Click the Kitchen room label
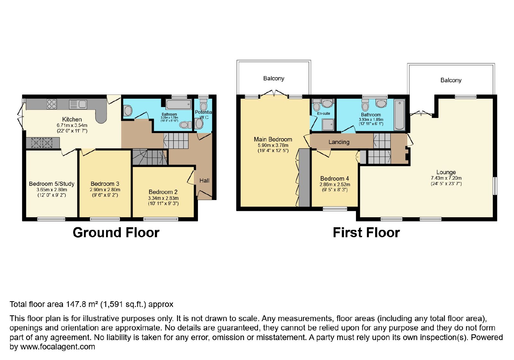click(x=72, y=119)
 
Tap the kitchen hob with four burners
click(x=52, y=104)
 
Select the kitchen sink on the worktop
click(x=78, y=104)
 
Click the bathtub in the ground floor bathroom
click(x=179, y=104)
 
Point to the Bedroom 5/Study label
click(x=52, y=184)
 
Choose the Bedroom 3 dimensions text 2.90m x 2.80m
click(x=105, y=190)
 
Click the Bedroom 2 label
click(x=163, y=192)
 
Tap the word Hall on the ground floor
click(x=204, y=181)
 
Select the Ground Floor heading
click(x=116, y=233)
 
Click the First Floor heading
click(x=367, y=233)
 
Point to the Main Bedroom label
click(x=273, y=139)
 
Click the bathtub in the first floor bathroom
click(x=400, y=115)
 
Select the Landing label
click(x=339, y=142)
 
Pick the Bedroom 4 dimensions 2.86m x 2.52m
click(x=335, y=184)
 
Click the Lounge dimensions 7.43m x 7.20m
click(x=446, y=178)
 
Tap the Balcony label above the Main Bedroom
click(x=274, y=78)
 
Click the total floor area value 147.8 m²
click(x=82, y=304)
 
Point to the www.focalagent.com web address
click(x=58, y=346)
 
